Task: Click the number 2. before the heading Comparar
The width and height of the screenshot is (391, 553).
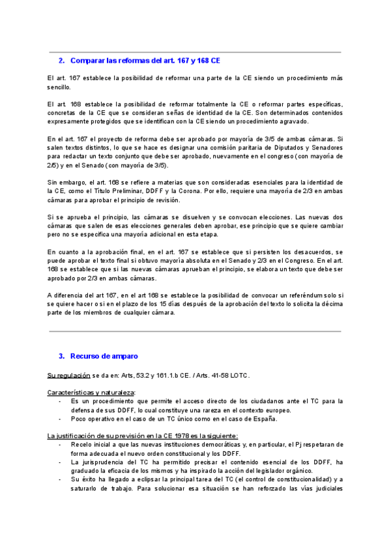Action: click(61, 61)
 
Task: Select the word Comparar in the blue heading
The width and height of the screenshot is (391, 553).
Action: click(87, 61)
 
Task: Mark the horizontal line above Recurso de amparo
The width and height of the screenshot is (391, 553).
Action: click(195, 331)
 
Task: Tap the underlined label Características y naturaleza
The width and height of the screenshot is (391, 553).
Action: click(91, 392)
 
